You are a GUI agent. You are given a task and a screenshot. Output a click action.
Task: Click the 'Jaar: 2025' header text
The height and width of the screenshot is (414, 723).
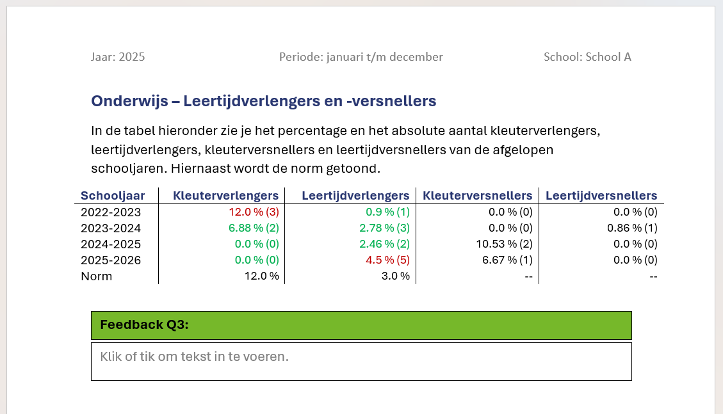(x=118, y=57)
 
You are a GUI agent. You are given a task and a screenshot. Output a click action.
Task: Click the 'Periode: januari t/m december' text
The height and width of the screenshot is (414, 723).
(x=361, y=57)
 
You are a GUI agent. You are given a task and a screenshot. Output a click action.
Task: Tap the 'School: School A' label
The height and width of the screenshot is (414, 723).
(x=587, y=57)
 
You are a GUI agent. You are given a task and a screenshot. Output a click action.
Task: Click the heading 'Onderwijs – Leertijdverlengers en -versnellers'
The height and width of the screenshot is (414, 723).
(x=263, y=101)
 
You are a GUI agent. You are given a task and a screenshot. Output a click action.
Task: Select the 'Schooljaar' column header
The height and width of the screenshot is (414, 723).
(x=113, y=196)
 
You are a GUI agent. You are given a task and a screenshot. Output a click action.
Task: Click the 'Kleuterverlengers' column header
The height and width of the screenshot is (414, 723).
(x=226, y=196)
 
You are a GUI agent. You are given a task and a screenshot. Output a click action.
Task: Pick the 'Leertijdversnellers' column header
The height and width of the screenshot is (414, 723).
(x=601, y=196)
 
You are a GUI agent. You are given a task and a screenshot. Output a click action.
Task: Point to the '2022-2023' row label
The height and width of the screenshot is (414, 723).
(x=111, y=212)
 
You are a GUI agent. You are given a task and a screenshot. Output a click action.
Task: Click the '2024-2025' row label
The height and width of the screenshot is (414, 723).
(x=111, y=244)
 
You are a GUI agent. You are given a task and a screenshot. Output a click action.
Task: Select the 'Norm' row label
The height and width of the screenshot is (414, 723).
(x=97, y=276)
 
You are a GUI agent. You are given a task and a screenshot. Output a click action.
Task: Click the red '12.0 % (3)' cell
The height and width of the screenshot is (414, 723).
(x=254, y=212)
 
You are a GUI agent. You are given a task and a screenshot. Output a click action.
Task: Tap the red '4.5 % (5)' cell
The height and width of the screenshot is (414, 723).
(x=387, y=260)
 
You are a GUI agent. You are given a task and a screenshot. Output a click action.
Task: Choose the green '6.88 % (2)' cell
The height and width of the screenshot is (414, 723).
(x=254, y=228)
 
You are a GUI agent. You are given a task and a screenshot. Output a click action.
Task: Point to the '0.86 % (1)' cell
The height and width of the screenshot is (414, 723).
(x=632, y=228)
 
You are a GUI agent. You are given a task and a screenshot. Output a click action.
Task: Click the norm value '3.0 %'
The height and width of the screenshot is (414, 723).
(x=395, y=276)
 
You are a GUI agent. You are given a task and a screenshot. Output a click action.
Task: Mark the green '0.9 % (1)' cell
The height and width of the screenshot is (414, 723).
(x=387, y=212)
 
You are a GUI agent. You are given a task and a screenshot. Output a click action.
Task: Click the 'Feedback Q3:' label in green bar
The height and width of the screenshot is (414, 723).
(x=144, y=325)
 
